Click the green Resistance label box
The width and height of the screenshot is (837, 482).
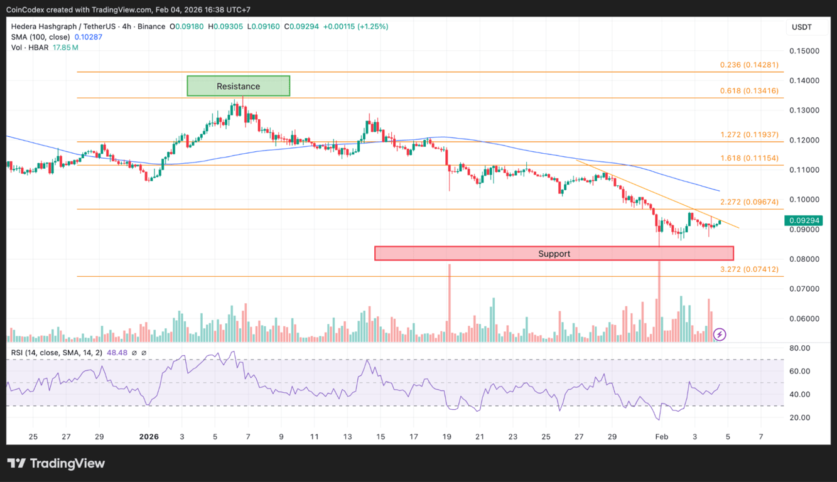point(238,86)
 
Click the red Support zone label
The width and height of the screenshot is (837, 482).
point(554,254)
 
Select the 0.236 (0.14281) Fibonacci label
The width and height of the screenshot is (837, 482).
point(749,65)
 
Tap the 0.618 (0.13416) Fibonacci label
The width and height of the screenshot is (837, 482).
point(749,91)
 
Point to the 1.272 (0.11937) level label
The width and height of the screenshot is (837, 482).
point(749,135)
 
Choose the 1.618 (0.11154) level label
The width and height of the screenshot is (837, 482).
point(749,158)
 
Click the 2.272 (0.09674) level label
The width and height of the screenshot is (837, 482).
point(749,202)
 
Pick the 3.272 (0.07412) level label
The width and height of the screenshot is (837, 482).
point(749,269)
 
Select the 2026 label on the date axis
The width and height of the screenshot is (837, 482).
point(149,437)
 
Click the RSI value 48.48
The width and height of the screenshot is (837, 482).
point(117,353)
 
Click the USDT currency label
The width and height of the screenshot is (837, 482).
point(801,27)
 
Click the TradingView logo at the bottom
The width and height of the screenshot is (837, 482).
point(56,464)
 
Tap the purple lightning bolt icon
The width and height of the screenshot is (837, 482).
point(720,335)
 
